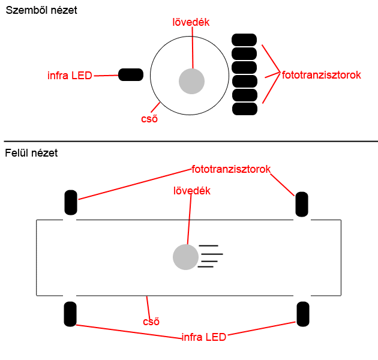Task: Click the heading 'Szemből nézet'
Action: [41, 10]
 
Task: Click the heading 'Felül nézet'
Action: [31, 153]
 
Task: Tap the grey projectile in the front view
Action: [191, 81]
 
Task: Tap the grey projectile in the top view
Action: [185, 257]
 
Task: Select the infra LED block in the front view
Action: [131, 75]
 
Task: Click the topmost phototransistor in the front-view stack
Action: [244, 40]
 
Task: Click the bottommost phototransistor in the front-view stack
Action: [245, 109]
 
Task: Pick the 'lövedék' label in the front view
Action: [191, 22]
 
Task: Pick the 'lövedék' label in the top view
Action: [192, 191]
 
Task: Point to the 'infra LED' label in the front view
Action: [70, 76]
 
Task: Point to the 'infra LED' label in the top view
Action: [204, 337]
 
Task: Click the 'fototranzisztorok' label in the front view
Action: [322, 75]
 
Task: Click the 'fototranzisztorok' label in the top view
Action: [231, 169]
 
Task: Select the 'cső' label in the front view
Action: [149, 119]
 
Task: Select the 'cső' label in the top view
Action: [151, 322]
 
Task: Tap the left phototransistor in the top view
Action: [71, 203]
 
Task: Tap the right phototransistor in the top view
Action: [302, 204]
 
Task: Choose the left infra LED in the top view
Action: [70, 314]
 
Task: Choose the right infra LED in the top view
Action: [303, 314]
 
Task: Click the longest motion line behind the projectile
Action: [212, 254]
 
